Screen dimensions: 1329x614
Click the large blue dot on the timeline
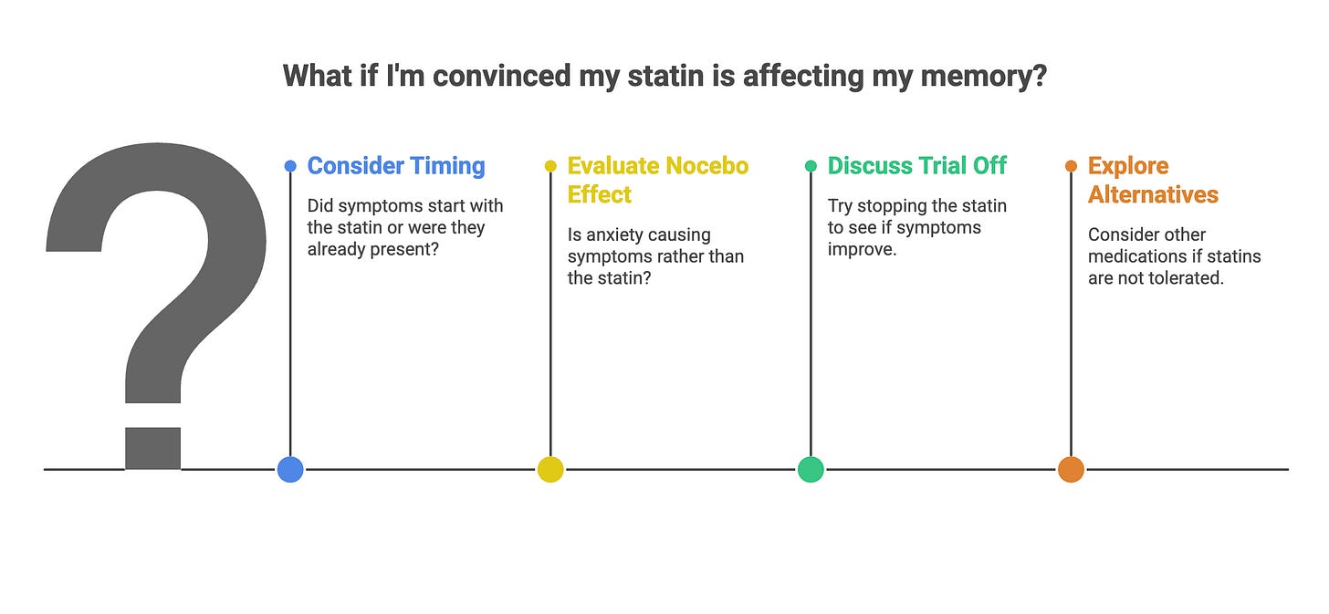290,469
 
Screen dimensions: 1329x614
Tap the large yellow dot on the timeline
550,469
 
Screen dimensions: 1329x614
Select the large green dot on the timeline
811,469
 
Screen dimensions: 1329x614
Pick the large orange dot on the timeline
1071,469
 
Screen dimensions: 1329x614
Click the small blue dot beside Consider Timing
290,166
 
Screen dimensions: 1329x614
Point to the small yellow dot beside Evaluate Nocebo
550,166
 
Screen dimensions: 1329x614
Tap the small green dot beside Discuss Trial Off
811,166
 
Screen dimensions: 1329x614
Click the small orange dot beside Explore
1071,166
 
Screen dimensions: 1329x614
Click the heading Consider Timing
396,166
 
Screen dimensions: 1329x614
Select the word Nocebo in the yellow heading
706,166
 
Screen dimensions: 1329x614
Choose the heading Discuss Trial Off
916,166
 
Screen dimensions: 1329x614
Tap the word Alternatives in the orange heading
1153,194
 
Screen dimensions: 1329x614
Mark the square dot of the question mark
152,447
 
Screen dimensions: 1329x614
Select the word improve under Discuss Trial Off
862,249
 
